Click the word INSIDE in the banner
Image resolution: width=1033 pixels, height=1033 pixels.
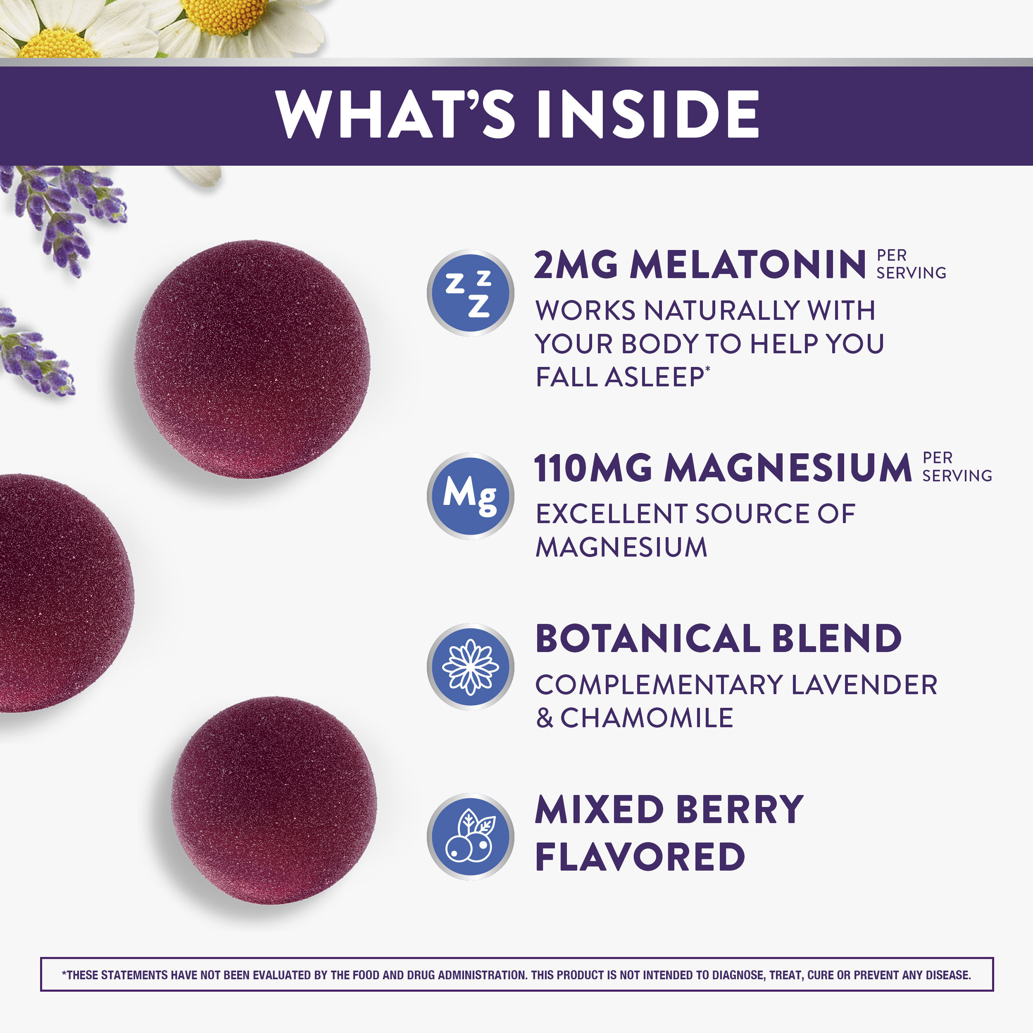coord(648,114)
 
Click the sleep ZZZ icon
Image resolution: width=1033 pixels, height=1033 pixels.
coord(470,293)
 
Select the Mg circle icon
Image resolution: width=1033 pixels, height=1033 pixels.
coord(470,496)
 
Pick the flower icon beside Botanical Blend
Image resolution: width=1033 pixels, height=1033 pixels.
coord(470,667)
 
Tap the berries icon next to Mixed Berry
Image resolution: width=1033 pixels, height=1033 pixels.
coord(470,837)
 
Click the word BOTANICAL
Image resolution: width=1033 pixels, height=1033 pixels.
coord(648,638)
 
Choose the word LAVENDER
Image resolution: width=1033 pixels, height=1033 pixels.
coord(864,685)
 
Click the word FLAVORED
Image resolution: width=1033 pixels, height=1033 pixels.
coord(640,857)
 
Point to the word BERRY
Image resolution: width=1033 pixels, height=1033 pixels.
coord(740,809)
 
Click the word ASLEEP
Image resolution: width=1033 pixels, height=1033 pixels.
coord(655,377)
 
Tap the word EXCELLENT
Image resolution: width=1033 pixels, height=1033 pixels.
coord(611,514)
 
